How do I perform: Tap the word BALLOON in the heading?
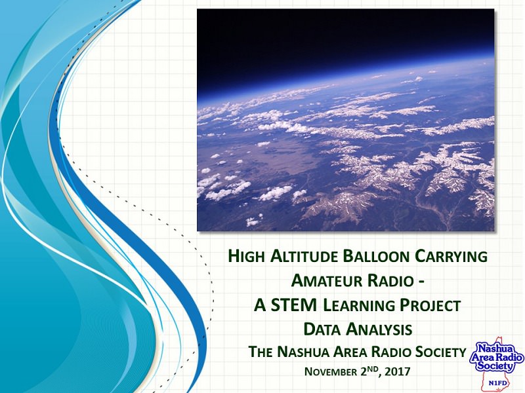pos(376,256)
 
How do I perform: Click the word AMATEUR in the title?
pos(326,280)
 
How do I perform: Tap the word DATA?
pos(322,329)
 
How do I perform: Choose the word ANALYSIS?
pos(379,329)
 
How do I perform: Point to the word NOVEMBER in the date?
pos(331,371)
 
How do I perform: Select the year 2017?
pos(398,371)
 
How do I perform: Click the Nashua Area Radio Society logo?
pos(497,365)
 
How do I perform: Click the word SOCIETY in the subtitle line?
pos(440,352)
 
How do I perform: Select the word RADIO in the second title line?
pos(390,280)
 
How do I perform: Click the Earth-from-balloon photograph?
pos(346,120)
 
